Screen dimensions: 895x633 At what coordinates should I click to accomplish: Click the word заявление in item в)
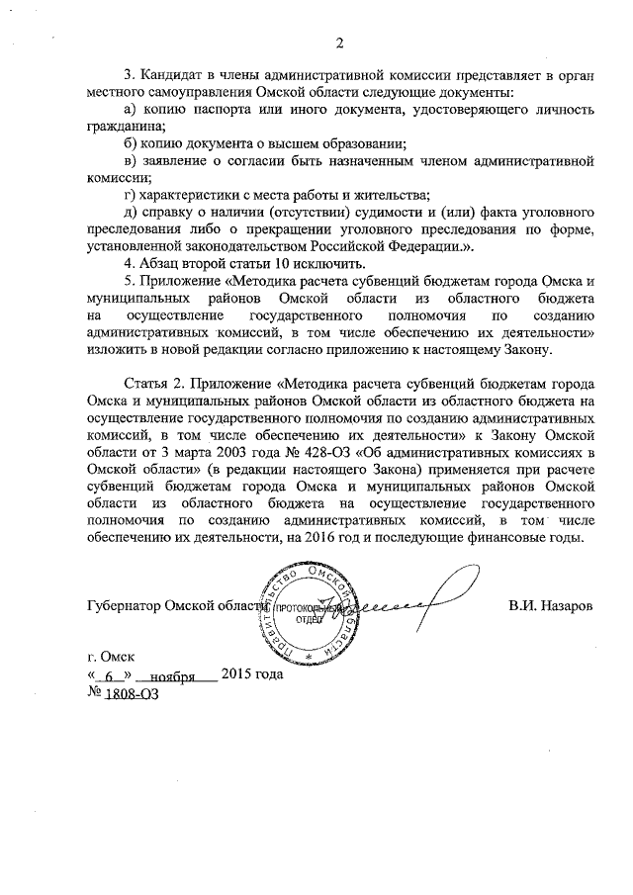[x=185, y=160]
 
